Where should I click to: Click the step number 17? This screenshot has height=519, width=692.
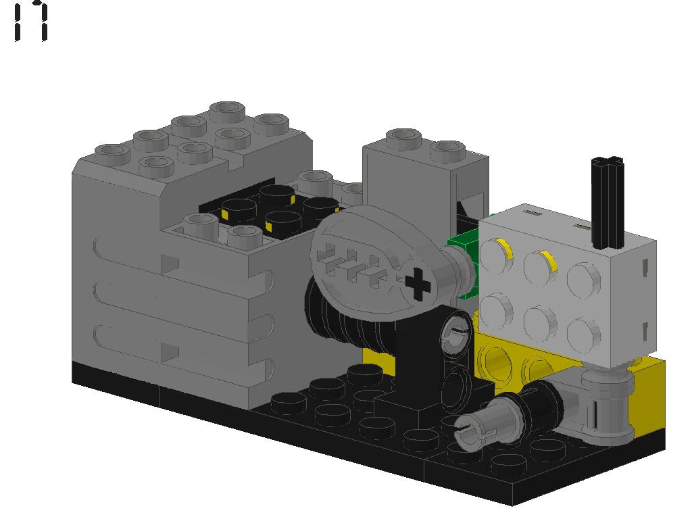tap(31, 22)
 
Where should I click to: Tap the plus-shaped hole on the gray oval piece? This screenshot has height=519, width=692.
tap(418, 285)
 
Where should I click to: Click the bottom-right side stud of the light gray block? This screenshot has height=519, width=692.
tap(585, 333)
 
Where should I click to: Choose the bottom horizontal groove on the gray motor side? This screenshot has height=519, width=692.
tap(169, 345)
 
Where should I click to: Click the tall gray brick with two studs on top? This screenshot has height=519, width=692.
tap(412, 182)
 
